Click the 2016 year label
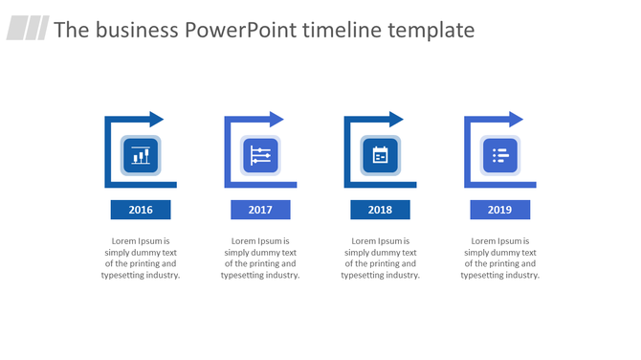(141, 210)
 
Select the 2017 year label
(260, 210)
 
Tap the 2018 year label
(380, 210)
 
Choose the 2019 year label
(499, 210)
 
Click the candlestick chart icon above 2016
(141, 155)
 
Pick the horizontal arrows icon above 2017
(260, 155)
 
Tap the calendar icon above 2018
(380, 155)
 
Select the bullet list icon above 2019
(499, 155)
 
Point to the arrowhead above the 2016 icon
(156, 120)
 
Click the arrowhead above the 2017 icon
(276, 120)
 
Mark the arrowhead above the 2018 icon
(396, 120)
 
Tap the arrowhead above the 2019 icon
(516, 120)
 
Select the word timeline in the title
(343, 30)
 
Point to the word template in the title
(431, 30)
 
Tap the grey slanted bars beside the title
(28, 29)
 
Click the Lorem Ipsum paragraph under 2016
(141, 258)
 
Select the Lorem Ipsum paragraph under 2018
(380, 258)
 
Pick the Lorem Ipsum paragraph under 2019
(499, 258)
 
